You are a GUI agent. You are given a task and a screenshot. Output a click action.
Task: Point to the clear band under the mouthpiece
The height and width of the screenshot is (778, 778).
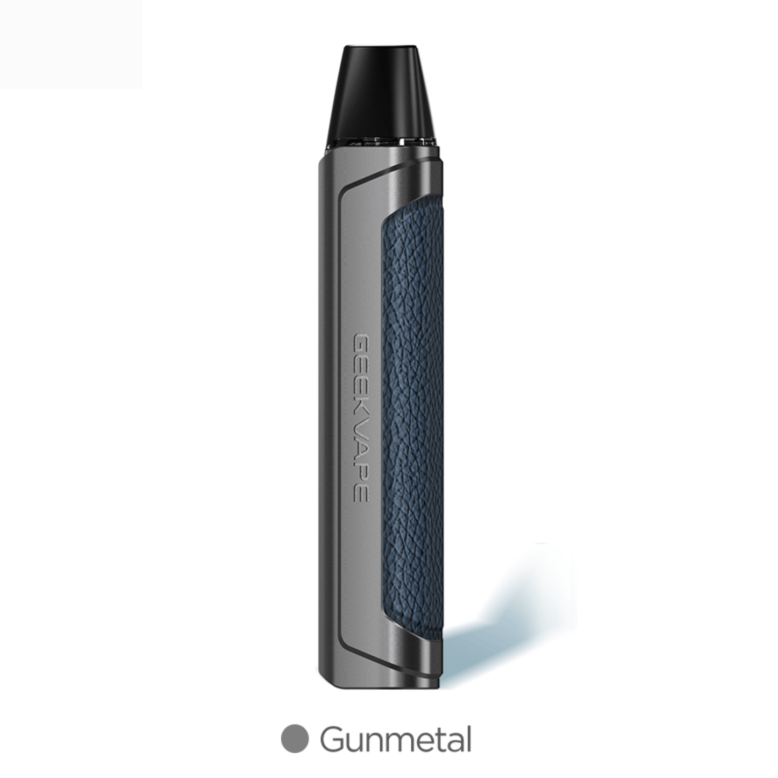pos(382,143)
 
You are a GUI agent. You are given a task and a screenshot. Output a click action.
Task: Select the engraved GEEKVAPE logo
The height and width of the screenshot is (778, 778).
pos(361,411)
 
